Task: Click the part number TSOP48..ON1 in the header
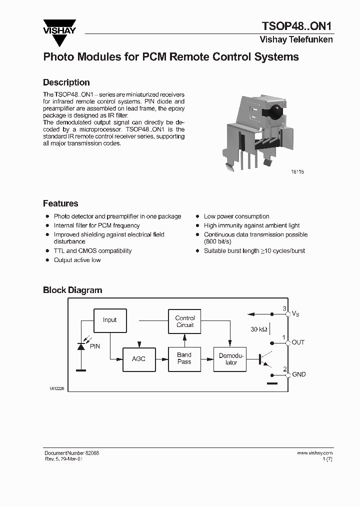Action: [x=297, y=26]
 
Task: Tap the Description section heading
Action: [x=66, y=82]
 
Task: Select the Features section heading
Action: [x=60, y=203]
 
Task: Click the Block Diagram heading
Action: [x=72, y=290]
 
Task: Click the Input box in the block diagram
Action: [x=109, y=320]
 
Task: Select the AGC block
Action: [x=138, y=359]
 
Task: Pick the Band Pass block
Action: [x=184, y=358]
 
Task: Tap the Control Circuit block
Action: [x=184, y=321]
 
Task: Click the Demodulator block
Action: [x=231, y=359]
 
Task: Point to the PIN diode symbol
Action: [x=80, y=346]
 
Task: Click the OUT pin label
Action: [x=298, y=342]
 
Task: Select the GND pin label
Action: [x=298, y=374]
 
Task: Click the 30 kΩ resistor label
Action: [x=258, y=329]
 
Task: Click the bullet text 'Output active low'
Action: [x=77, y=260]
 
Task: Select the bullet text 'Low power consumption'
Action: [x=236, y=216]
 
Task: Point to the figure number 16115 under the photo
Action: [x=297, y=171]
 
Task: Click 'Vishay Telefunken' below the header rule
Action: [x=296, y=39]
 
